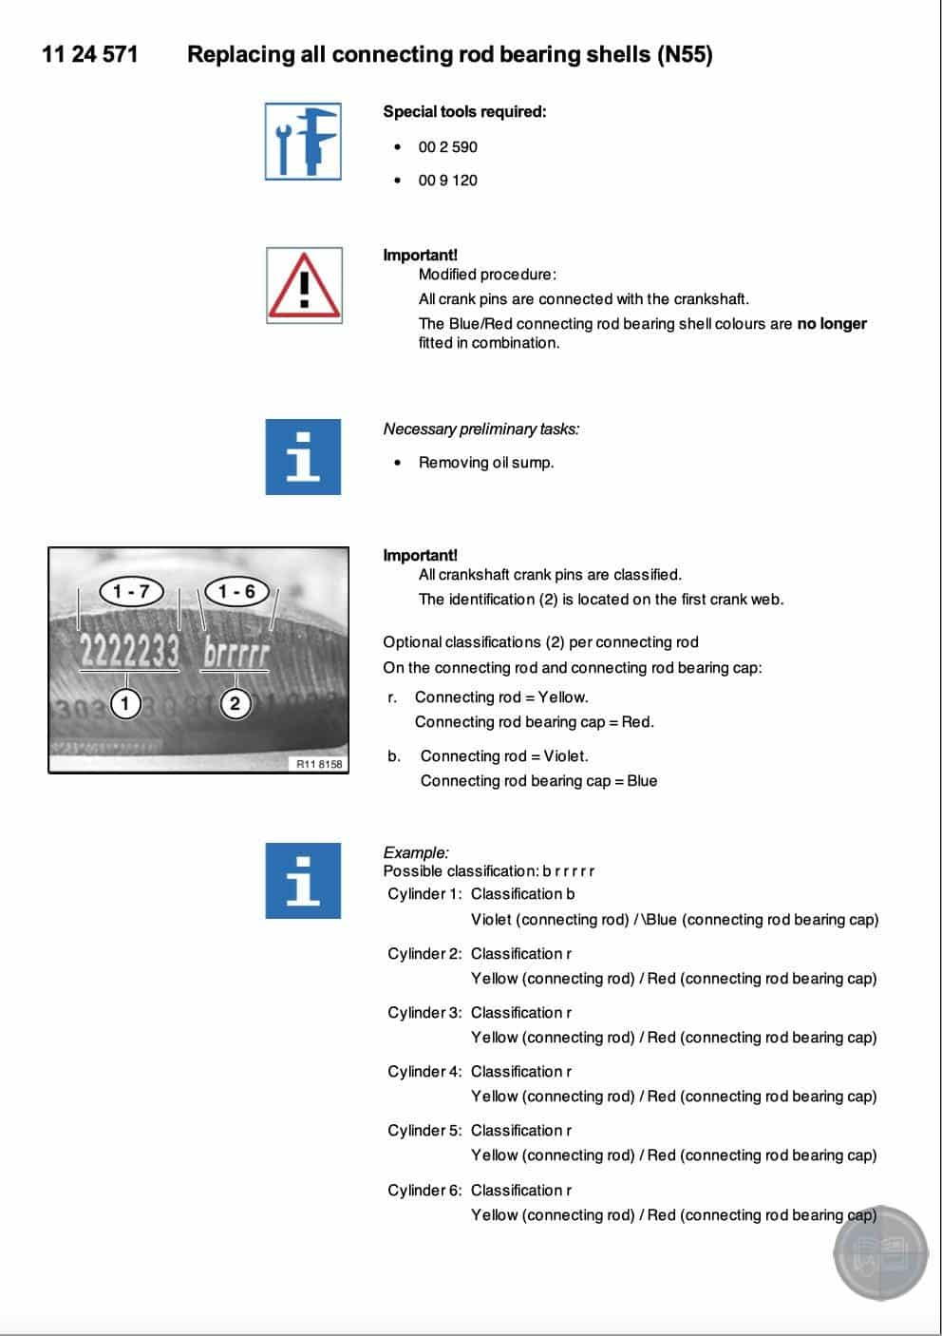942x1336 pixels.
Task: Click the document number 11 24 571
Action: (x=89, y=54)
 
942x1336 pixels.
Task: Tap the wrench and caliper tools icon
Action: (x=303, y=142)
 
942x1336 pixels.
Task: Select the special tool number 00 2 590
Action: (x=447, y=147)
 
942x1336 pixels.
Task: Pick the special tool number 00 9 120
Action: (x=447, y=181)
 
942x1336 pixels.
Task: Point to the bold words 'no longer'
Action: (x=831, y=324)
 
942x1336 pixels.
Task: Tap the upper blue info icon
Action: (x=303, y=456)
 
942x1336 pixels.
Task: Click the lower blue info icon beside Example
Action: (x=303, y=880)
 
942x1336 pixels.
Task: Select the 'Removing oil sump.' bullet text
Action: (x=486, y=463)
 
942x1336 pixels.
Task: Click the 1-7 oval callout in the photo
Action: (x=132, y=591)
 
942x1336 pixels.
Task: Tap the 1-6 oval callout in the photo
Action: (x=236, y=591)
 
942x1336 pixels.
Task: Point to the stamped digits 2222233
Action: (x=129, y=652)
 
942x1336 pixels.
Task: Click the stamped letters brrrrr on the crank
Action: (x=236, y=654)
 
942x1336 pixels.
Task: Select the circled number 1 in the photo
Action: (x=125, y=703)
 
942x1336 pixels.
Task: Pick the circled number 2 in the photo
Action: (x=235, y=704)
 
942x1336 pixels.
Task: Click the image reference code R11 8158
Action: (x=319, y=764)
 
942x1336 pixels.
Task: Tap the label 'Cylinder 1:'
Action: (x=424, y=894)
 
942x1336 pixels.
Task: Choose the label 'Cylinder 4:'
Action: (x=424, y=1072)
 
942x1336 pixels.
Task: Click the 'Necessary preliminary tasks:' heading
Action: (x=480, y=429)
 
